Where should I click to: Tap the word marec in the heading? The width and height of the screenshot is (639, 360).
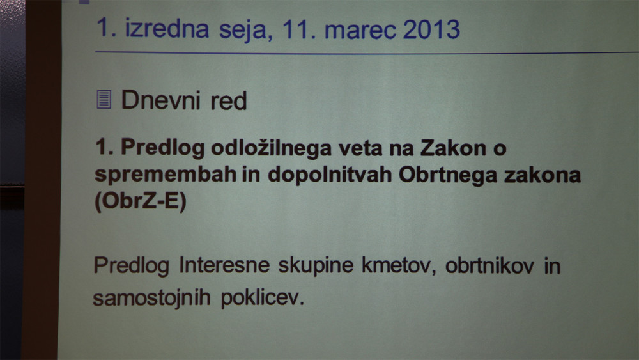click(360, 31)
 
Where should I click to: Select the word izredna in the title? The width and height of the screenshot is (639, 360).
click(167, 29)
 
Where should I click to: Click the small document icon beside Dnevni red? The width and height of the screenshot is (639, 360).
click(104, 100)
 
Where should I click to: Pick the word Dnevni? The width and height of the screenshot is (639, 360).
click(161, 100)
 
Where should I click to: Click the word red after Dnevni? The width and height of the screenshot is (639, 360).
click(229, 100)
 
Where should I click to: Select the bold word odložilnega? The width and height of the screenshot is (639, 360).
click(272, 148)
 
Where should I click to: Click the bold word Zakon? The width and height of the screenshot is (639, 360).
click(454, 148)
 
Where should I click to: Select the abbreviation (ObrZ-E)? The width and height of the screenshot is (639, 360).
click(140, 201)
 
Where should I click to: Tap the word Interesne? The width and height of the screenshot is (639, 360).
click(224, 265)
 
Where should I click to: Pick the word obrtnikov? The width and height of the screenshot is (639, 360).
click(489, 266)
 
